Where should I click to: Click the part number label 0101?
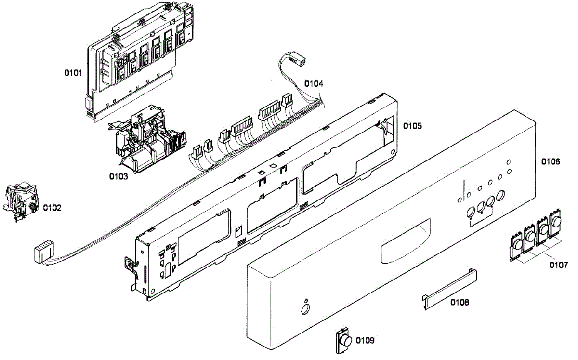tap(74, 73)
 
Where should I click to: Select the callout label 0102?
tap(52, 208)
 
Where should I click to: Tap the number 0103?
tap(118, 176)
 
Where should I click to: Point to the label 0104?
tap(314, 83)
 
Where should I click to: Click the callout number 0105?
tap(412, 126)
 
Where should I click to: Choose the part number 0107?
tap(558, 265)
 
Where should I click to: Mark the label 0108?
tap(460, 303)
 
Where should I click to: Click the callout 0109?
tap(365, 340)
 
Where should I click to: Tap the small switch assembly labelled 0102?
tap(20, 202)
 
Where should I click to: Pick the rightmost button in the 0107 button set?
tap(556, 223)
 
